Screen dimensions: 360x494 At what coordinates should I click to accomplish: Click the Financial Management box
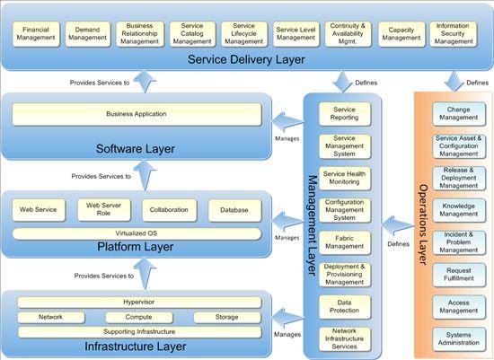35,34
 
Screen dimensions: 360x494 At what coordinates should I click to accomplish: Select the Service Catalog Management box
191,34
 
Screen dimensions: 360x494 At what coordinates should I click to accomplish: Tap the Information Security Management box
454,34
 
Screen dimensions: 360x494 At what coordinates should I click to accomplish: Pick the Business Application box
137,114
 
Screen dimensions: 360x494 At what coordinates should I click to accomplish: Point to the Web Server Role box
103,210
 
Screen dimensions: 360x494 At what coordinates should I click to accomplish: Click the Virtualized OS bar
137,233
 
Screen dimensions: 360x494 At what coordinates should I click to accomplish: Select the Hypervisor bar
137,303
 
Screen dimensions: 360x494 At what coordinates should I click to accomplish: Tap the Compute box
138,317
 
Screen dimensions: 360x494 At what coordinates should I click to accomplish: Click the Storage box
226,317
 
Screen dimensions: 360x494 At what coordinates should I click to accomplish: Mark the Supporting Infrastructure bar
137,331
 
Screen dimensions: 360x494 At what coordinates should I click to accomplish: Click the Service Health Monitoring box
345,178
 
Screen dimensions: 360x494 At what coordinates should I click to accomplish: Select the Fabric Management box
345,241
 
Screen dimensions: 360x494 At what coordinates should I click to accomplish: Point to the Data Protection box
345,306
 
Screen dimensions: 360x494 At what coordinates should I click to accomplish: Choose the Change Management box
458,113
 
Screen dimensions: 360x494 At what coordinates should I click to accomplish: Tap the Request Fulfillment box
458,273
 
